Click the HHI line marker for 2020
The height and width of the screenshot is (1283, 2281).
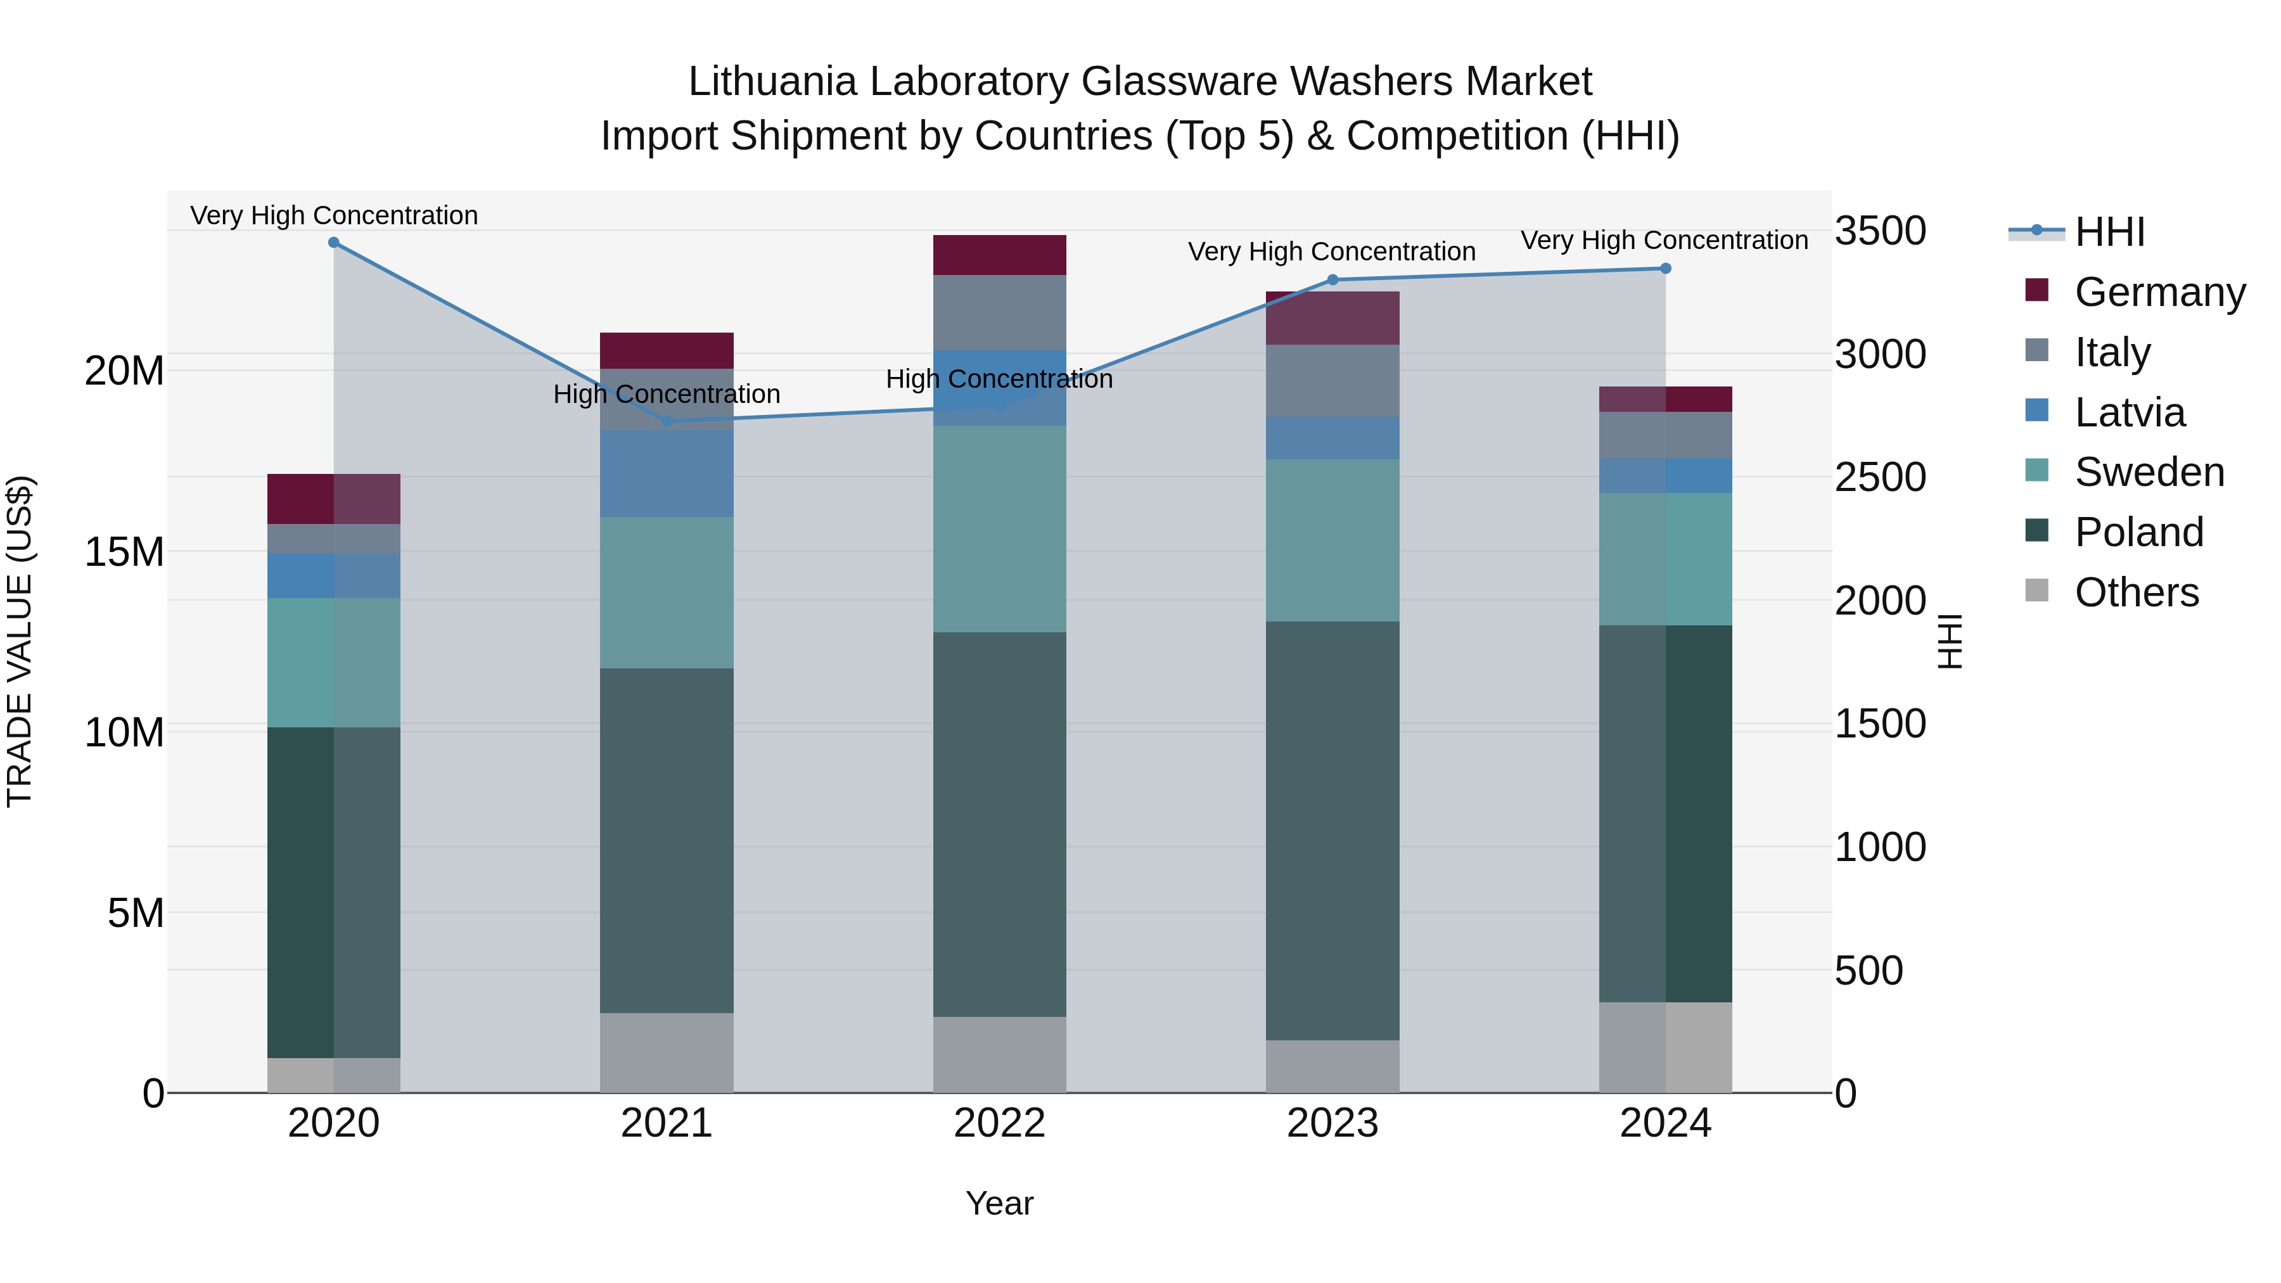pos(334,242)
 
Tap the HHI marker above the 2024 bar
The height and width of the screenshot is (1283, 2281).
pos(1666,268)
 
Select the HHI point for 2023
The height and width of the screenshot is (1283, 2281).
pos(1332,280)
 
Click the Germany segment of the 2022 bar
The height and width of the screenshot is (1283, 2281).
pos(1000,255)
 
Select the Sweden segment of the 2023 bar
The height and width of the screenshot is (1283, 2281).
pos(1332,540)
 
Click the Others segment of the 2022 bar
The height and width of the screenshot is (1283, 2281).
pos(1000,1054)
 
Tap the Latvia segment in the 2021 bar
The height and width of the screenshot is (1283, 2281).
pos(667,474)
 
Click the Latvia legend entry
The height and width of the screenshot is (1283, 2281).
pos(2129,412)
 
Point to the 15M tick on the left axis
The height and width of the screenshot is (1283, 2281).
pos(124,552)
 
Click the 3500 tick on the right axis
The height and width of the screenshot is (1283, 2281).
pos(1880,231)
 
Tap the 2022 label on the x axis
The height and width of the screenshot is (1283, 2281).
pos(1000,1123)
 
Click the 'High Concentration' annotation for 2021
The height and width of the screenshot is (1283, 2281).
pos(667,394)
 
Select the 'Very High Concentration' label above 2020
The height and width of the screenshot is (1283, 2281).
pos(334,215)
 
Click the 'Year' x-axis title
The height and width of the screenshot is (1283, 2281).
pos(1000,1203)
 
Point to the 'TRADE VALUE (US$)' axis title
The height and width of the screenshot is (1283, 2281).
pos(20,641)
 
